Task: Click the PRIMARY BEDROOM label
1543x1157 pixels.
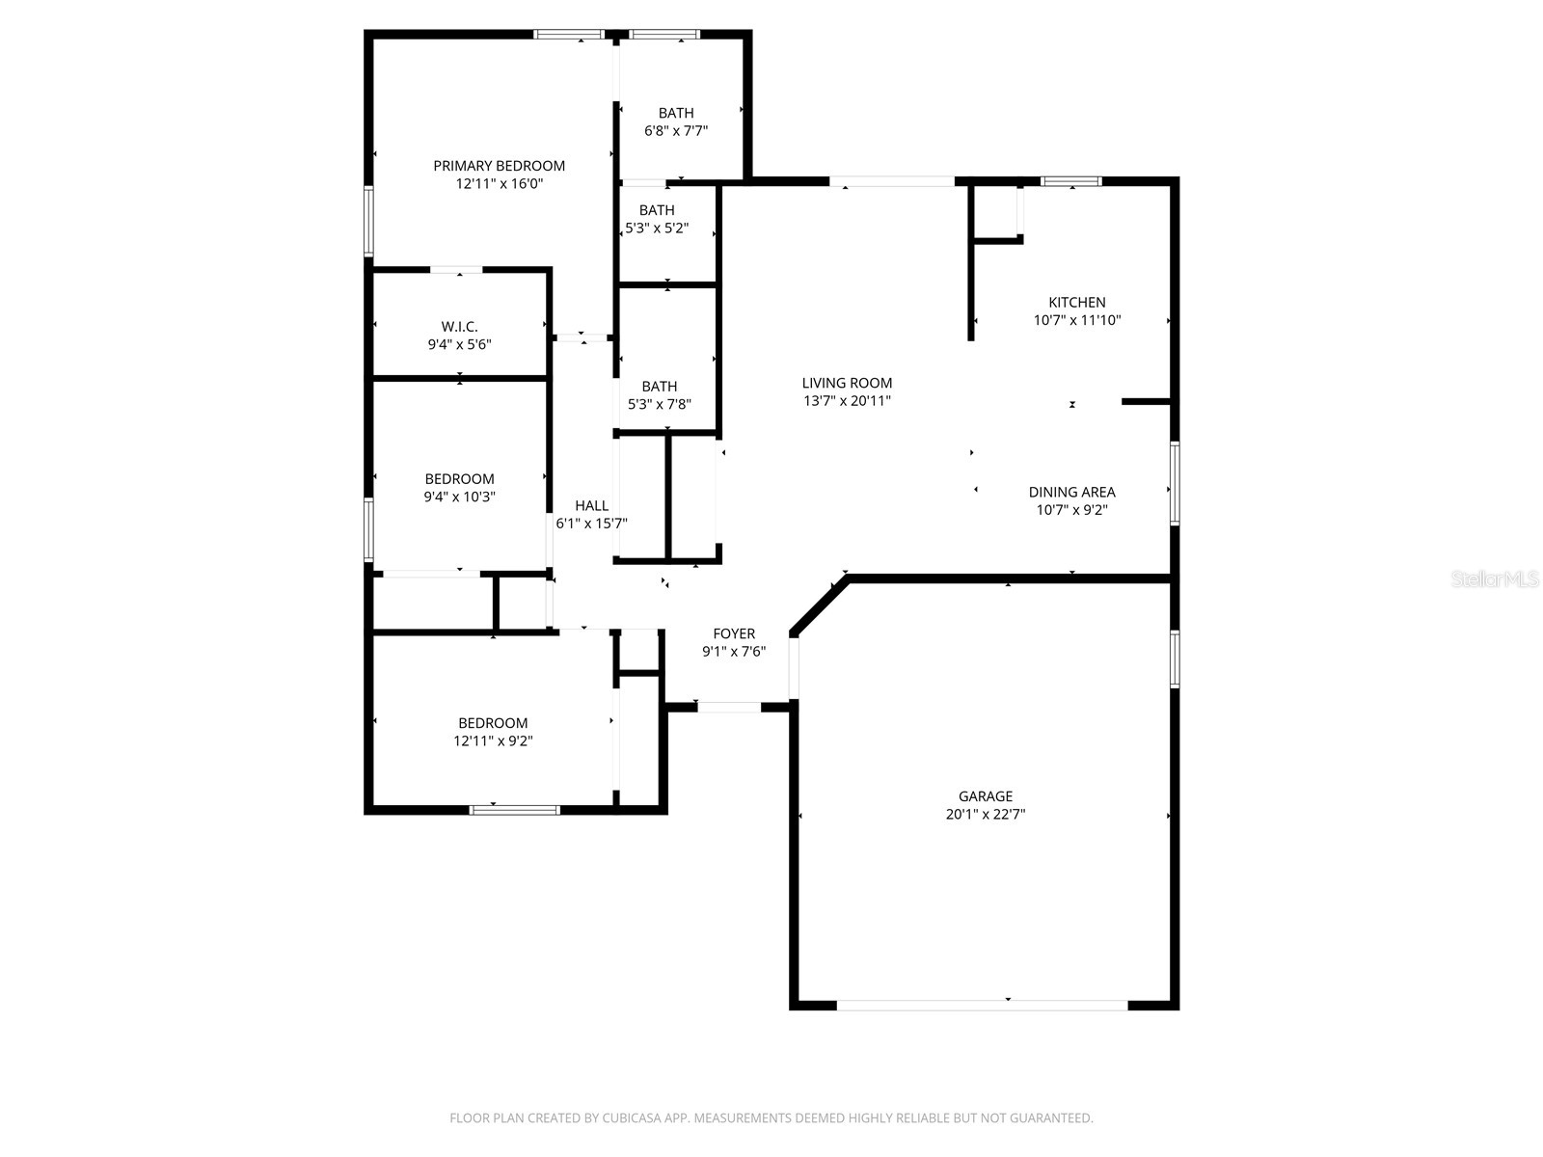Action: click(x=499, y=166)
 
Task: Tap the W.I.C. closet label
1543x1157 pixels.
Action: click(x=459, y=327)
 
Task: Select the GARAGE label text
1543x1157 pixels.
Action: click(x=985, y=796)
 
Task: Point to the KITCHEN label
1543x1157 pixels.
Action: click(x=1076, y=303)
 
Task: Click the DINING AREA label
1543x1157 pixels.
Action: click(x=1071, y=493)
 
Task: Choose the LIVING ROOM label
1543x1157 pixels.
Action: click(x=847, y=383)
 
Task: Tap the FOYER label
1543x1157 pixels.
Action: click(x=734, y=633)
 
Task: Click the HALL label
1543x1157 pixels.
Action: click(x=591, y=505)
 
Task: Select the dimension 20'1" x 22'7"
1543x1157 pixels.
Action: click(x=985, y=815)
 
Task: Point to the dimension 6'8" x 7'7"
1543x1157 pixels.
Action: click(x=676, y=131)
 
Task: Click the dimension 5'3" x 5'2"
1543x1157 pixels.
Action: click(x=657, y=229)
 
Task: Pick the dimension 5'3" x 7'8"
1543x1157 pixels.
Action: click(x=659, y=405)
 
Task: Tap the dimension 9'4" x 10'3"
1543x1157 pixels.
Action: click(x=459, y=498)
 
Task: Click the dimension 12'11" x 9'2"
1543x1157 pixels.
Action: click(x=493, y=741)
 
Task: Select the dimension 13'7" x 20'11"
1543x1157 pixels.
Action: click(x=847, y=401)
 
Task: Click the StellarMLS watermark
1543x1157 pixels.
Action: click(x=1494, y=579)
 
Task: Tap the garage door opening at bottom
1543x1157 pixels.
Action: click(x=981, y=1005)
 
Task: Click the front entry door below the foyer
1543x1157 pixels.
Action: click(x=729, y=707)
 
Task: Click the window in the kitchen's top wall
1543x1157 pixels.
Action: click(x=1070, y=181)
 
